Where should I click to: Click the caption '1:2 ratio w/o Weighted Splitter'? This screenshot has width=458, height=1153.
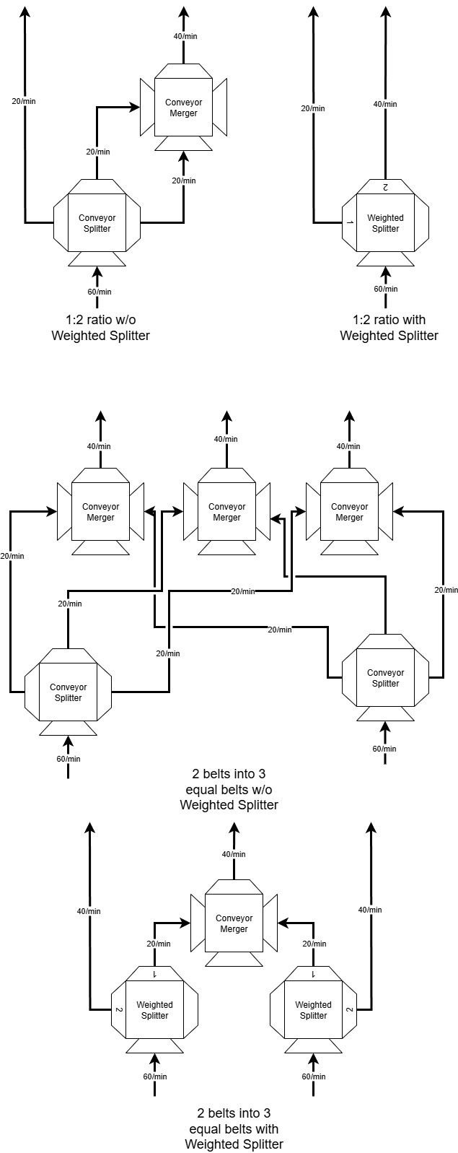coord(101,327)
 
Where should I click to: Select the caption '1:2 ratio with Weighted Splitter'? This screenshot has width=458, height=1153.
coord(389,327)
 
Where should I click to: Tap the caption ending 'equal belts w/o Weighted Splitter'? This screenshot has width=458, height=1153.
coord(229,789)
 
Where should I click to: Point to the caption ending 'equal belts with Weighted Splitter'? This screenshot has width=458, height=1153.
coord(234,1128)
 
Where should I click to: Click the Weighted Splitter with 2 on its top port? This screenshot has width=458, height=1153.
coord(386,223)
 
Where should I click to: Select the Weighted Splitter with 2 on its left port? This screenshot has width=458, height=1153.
coord(155,1009)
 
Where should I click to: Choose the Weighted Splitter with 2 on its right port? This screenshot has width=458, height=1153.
coord(314,1009)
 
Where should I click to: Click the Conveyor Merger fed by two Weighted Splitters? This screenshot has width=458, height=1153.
coord(234,923)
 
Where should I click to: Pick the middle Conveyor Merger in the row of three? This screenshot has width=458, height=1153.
coord(226,512)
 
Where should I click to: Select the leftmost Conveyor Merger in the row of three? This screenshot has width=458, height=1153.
coord(100,512)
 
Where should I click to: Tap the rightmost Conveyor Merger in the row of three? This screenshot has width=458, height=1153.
coord(350,512)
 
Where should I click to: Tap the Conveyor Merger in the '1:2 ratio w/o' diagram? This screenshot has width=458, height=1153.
coord(183,108)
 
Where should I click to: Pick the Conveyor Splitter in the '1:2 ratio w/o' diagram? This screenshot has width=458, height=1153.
coord(97,223)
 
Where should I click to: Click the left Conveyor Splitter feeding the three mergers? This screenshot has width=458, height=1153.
coord(69,692)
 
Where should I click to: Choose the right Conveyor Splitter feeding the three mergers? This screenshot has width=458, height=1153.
coord(386,678)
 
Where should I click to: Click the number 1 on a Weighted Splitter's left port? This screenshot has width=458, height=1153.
coord(350,222)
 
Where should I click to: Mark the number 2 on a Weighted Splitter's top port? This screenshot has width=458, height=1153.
coord(385,188)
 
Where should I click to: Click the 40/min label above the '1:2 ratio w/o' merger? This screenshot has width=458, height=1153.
coord(185,36)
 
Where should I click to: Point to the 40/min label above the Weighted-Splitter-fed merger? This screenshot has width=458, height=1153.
coord(234,854)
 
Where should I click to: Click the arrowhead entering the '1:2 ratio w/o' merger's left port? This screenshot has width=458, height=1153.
coord(136,107)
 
